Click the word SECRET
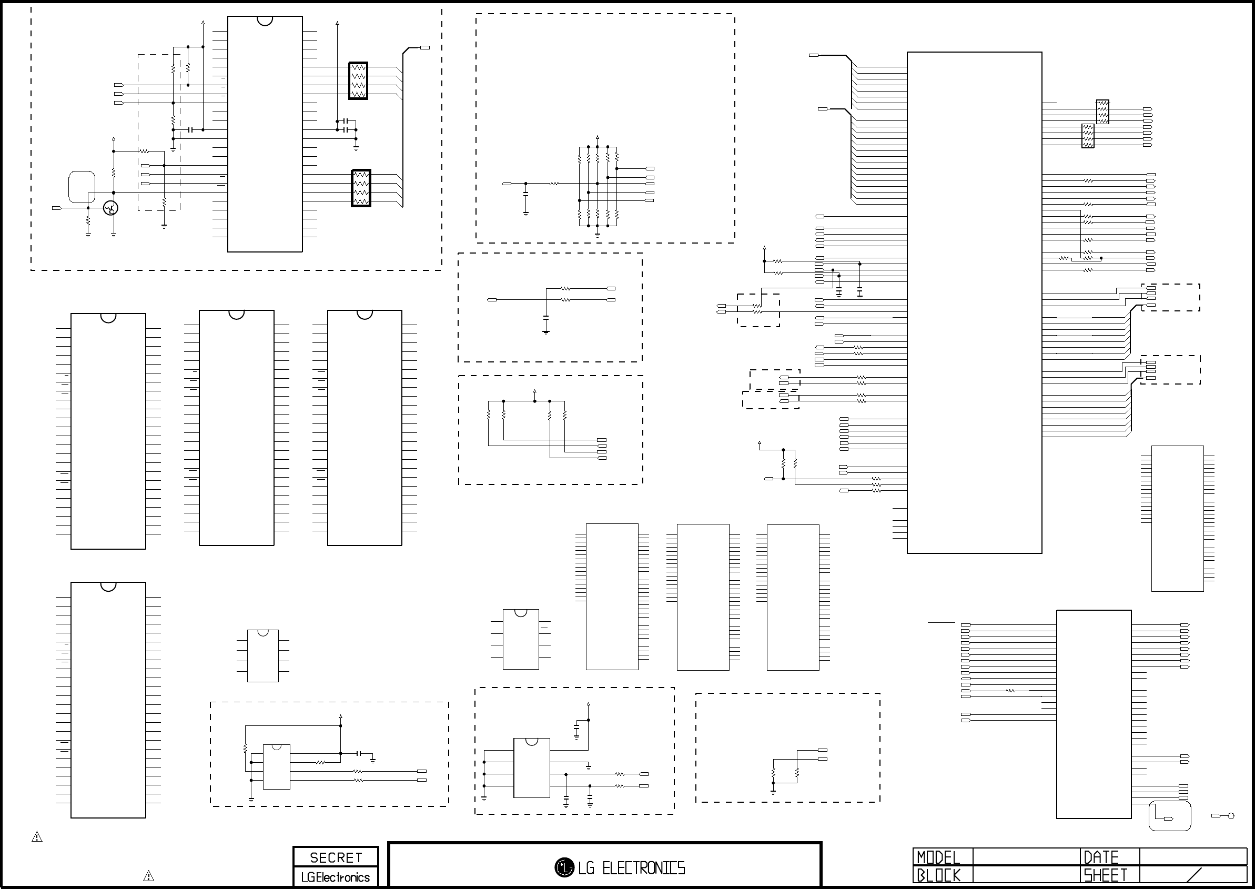pos(336,857)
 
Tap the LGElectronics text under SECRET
pos(336,877)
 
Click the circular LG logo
pos(564,867)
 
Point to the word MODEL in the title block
pos(938,857)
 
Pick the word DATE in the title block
pos(1101,857)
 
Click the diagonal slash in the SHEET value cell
pos(1193,875)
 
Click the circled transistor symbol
pos(111,208)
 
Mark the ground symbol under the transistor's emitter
pos(113,234)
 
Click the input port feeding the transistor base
pos(56,208)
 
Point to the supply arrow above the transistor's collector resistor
pos(113,139)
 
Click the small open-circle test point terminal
pos(1231,831)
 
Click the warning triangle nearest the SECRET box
pos(148,876)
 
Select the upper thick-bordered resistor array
pos(358,80)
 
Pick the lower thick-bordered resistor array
pos(361,188)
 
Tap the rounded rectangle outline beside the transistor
pos(82,187)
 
